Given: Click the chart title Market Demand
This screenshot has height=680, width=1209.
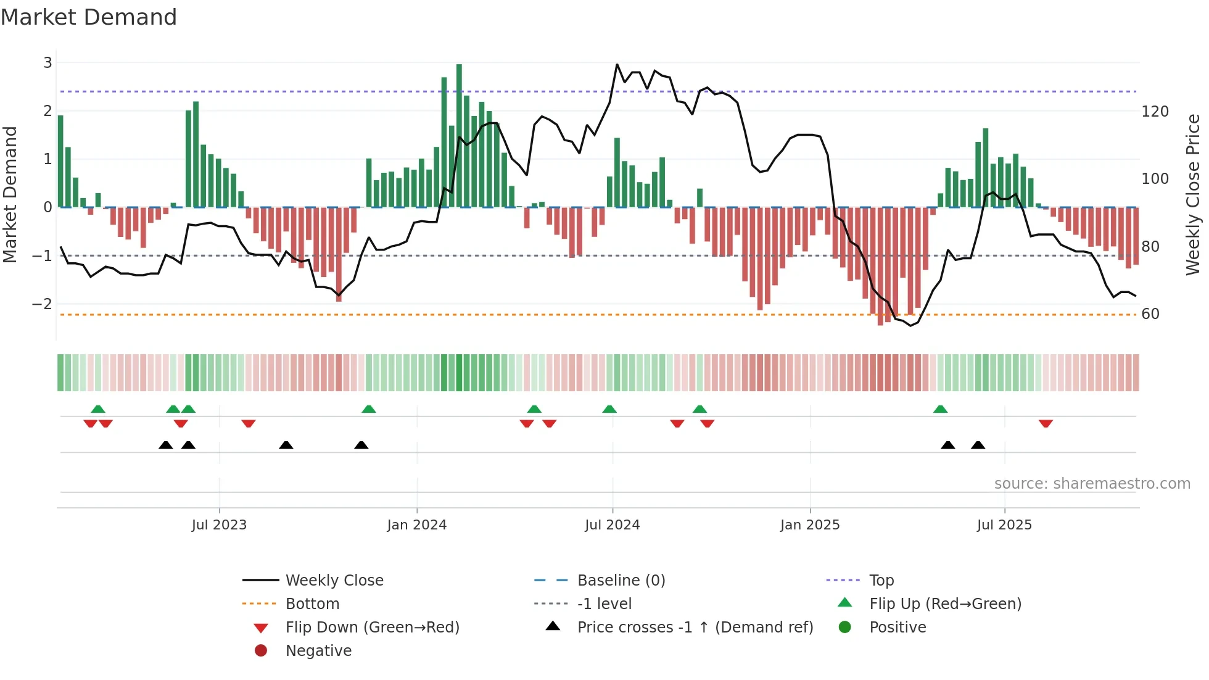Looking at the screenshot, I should [89, 17].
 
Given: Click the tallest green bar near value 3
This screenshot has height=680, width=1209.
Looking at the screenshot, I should [459, 136].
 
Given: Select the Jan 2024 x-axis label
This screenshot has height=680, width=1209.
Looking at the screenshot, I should [416, 525].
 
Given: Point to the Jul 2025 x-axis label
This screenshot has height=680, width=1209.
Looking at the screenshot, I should [1004, 525].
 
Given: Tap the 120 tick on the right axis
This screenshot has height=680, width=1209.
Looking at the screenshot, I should [1155, 112].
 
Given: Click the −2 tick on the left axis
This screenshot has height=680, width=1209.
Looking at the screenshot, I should [42, 304].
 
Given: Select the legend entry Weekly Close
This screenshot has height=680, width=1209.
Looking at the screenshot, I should [334, 581].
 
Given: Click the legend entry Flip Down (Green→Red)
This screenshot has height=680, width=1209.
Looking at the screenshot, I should [372, 628].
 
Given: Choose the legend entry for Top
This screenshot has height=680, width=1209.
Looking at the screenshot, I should [881, 581].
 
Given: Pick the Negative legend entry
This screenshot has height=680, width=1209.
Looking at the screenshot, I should [318, 651].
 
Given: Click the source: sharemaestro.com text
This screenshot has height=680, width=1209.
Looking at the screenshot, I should [1092, 484].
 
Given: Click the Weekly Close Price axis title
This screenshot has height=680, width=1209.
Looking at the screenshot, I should [1193, 194].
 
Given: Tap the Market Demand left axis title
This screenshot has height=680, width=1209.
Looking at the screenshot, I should [10, 194].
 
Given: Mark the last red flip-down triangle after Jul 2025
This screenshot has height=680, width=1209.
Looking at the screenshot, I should [1046, 423].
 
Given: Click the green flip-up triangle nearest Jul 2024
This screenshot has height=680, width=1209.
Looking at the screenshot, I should [609, 409].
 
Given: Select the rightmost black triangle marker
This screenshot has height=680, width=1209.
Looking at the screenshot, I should [978, 445].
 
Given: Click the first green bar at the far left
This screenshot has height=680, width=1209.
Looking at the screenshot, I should [60, 162].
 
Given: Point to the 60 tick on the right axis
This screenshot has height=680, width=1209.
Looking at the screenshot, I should [1150, 314].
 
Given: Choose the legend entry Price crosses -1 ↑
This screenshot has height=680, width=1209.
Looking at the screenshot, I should [695, 628].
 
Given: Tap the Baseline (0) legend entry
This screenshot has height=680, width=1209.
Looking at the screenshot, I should [621, 581].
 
